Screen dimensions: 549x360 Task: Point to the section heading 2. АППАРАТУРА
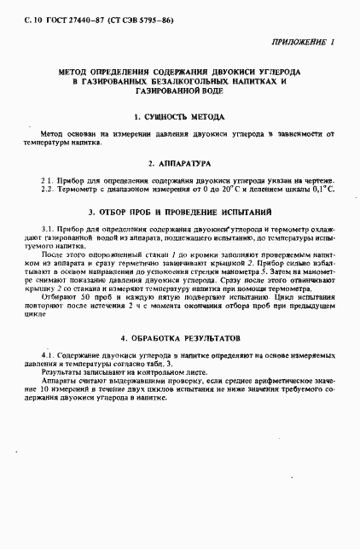coord(179,161)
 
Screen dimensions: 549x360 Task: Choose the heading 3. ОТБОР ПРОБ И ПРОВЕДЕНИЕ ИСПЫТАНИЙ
coord(179,210)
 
